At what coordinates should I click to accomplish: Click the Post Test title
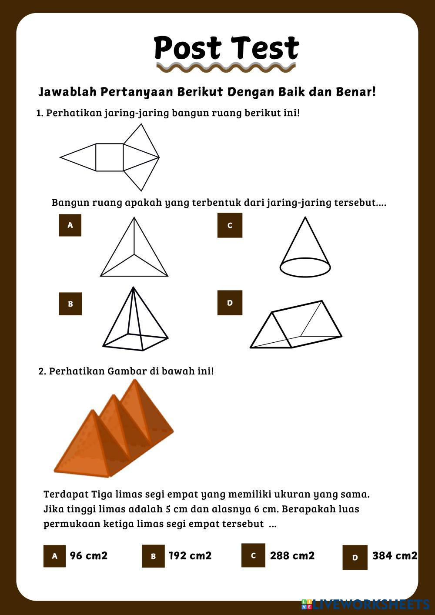point(226,48)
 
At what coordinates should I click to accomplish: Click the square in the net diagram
point(110,157)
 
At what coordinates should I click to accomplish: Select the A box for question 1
point(70,225)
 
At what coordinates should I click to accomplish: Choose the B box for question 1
point(70,304)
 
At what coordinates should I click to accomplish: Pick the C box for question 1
point(230,225)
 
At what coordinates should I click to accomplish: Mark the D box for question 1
point(230,303)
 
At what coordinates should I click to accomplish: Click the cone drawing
point(305,247)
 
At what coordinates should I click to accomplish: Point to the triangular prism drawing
point(296,324)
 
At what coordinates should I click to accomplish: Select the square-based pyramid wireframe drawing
point(135,319)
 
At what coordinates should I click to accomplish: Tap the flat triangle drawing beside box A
point(134,247)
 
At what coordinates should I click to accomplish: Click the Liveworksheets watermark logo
point(365,605)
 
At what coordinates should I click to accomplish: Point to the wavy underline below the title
point(226,67)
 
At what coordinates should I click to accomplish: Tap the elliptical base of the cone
point(305,267)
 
